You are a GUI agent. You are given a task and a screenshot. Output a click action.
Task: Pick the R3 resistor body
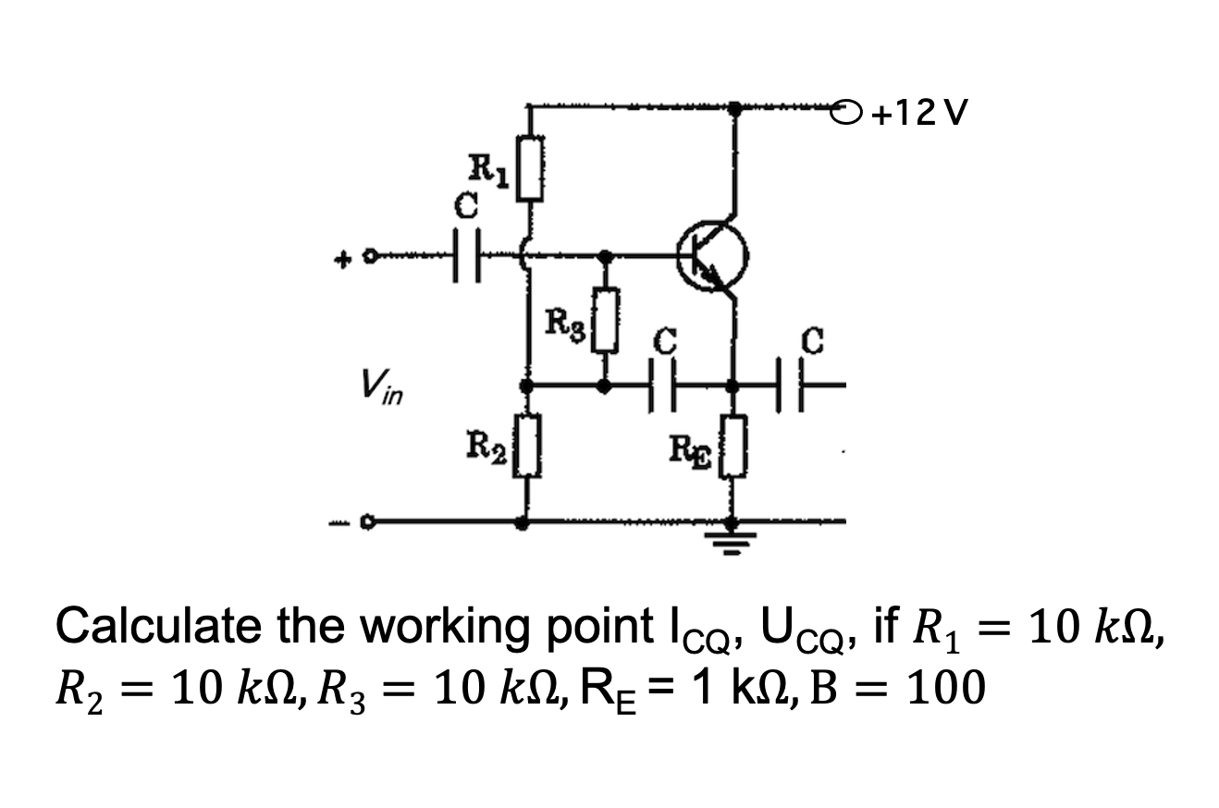pyautogui.click(x=605, y=320)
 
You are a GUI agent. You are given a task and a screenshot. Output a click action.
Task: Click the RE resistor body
pyautogui.click(x=733, y=446)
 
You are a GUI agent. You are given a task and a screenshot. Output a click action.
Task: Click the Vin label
pyautogui.click(x=382, y=386)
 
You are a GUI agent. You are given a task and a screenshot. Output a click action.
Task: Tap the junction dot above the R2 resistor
pyautogui.click(x=527, y=387)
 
